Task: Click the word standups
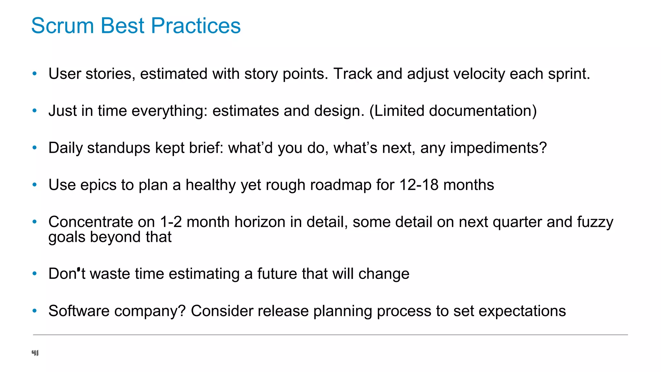click(x=118, y=148)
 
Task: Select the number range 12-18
click(x=419, y=185)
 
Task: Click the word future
click(x=277, y=274)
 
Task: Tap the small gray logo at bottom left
click(x=35, y=353)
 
